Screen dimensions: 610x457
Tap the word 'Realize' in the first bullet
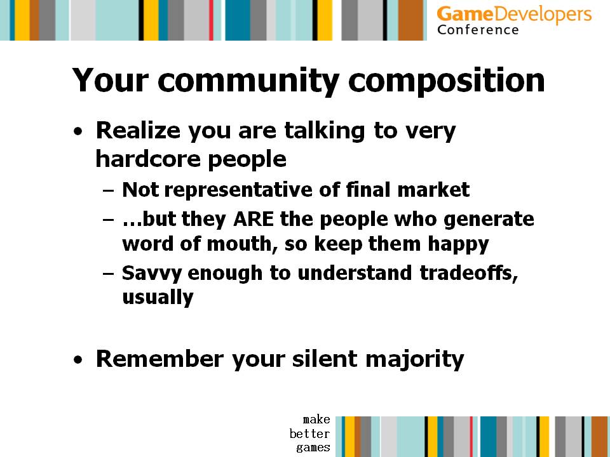pyautogui.click(x=138, y=131)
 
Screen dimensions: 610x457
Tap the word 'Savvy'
pyautogui.click(x=152, y=274)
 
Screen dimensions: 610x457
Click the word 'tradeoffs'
pyautogui.click(x=469, y=273)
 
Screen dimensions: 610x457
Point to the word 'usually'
pyautogui.click(x=158, y=298)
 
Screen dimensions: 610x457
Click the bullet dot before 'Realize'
pyautogui.click(x=78, y=131)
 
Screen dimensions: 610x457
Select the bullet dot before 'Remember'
pyautogui.click(x=78, y=359)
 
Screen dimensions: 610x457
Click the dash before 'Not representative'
pyautogui.click(x=109, y=191)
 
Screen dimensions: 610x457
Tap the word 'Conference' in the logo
pyautogui.click(x=478, y=30)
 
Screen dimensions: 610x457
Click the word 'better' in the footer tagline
pyautogui.click(x=309, y=434)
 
